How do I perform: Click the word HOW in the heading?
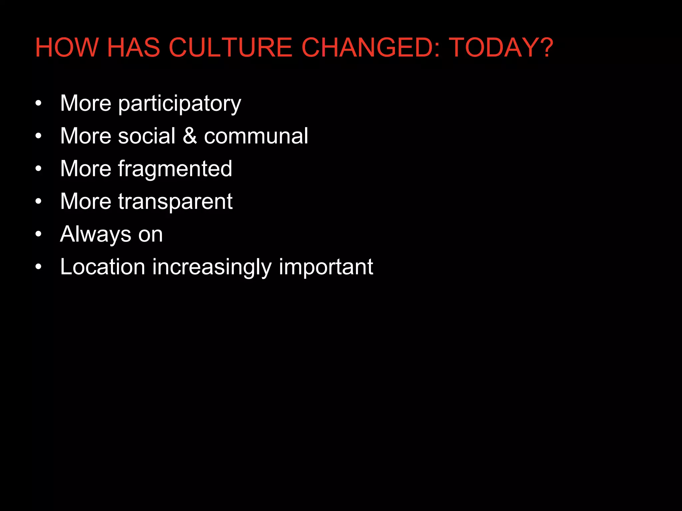click(x=67, y=48)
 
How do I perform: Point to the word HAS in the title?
click(x=134, y=48)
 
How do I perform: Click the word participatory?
click(x=179, y=104)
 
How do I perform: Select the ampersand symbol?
click(x=189, y=136)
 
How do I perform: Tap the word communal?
click(x=256, y=136)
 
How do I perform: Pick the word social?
click(x=147, y=136)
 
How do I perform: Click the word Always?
click(x=95, y=234)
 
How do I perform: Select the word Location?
click(x=103, y=267)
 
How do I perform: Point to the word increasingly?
click(x=212, y=267)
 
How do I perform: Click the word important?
click(x=326, y=267)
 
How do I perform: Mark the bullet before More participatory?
click(x=39, y=103)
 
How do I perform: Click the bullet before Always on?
click(x=39, y=234)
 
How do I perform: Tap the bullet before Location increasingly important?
click(x=39, y=267)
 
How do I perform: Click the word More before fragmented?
click(x=86, y=168)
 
